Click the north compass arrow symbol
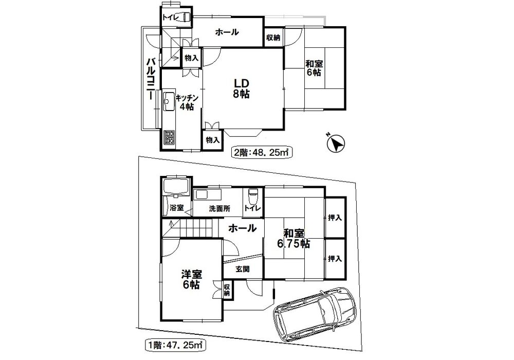pos(337,143)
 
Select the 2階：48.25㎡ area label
pos(261,152)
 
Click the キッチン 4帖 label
pos(187,102)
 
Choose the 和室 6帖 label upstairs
pos(314,68)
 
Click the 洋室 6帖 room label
pos(191,279)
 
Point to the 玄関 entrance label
pos(243,269)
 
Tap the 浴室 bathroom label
pos(177,208)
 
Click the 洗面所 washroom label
pos(219,208)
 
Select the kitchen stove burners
pos(170,138)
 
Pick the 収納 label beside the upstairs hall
pos(273,38)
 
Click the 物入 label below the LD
pos(212,140)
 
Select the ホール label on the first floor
pos(242,227)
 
